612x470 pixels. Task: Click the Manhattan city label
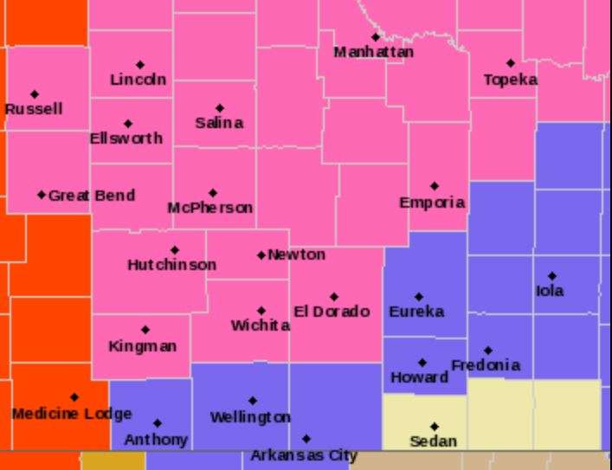pos(373,52)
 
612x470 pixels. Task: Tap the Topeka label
pos(510,80)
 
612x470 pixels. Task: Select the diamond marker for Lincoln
pos(140,65)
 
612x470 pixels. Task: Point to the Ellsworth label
pos(126,138)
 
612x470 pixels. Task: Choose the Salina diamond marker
pos(219,108)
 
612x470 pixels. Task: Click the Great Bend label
pos(91,196)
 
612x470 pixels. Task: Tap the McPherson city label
pos(210,208)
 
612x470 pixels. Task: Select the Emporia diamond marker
pos(434,186)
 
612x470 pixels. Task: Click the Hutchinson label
pos(172,265)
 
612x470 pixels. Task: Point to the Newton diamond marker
pos(261,255)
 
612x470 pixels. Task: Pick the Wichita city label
pos(261,325)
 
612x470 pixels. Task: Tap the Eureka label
pos(416,312)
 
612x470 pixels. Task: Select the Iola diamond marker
pos(552,276)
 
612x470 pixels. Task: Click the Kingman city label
pos(143,346)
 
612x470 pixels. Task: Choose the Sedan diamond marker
pos(434,426)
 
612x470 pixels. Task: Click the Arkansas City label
pos(304,455)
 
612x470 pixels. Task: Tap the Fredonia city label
pos(486,365)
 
